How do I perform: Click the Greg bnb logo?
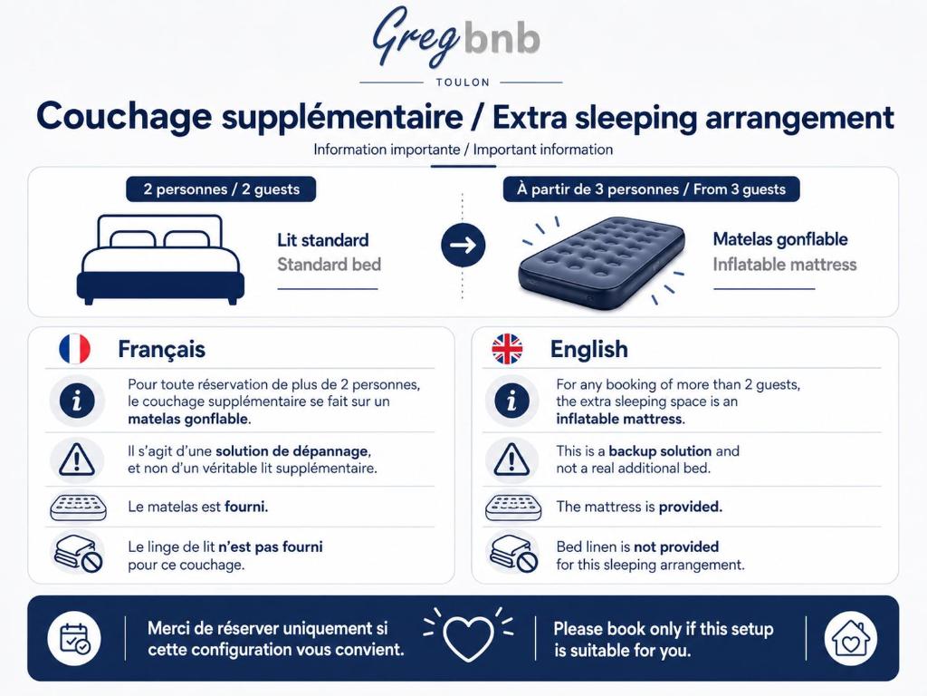pyautogui.click(x=456, y=36)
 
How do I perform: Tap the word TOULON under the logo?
pyautogui.click(x=463, y=82)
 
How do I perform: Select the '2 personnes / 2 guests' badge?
pyautogui.click(x=221, y=189)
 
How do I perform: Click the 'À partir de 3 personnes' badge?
pyautogui.click(x=651, y=189)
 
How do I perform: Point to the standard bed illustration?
pyautogui.click(x=160, y=260)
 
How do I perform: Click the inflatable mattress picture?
pyautogui.click(x=602, y=260)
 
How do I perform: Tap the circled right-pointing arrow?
pyautogui.click(x=463, y=245)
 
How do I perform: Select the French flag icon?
pyautogui.click(x=74, y=349)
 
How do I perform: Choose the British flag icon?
pyautogui.click(x=507, y=349)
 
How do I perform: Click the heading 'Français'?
pyautogui.click(x=161, y=349)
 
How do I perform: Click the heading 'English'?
pyautogui.click(x=588, y=349)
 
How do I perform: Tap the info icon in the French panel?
pyautogui.click(x=77, y=401)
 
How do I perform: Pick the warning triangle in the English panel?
pyautogui.click(x=511, y=459)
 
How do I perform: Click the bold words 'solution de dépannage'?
pyautogui.click(x=292, y=451)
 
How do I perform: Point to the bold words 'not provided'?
pyautogui.click(x=676, y=546)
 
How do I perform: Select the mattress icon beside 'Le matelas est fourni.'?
pyautogui.click(x=78, y=507)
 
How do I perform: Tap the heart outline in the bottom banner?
pyautogui.click(x=468, y=638)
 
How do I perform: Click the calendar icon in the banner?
pyautogui.click(x=74, y=639)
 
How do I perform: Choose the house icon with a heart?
pyautogui.click(x=850, y=639)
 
